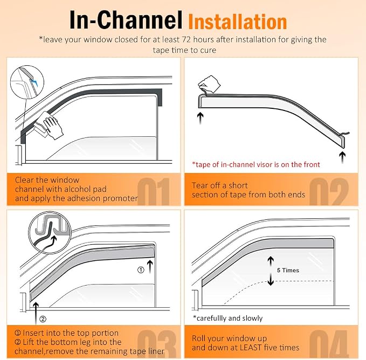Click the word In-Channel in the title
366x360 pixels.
pyautogui.click(x=126, y=20)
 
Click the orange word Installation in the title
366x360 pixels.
pyautogui.click(x=237, y=22)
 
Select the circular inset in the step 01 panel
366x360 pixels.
pyautogui.click(x=27, y=82)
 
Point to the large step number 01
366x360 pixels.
pyautogui.click(x=153, y=191)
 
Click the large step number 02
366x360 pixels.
pyautogui.click(x=329, y=191)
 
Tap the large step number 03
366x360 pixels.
pyautogui.click(x=157, y=344)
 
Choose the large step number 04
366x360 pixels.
pyautogui.click(x=329, y=344)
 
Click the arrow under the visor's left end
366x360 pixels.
pyautogui.click(x=200, y=118)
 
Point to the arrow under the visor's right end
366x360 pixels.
pyautogui.click(x=342, y=157)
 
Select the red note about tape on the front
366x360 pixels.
pyautogui.click(x=256, y=165)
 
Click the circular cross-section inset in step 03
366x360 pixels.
pyautogui.click(x=50, y=232)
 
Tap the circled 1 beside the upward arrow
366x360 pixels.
pyautogui.click(x=141, y=270)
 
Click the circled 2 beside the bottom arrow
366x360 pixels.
pyautogui.click(x=43, y=319)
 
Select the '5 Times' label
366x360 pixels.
pyautogui.click(x=288, y=270)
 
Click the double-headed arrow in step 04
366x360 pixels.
pyautogui.click(x=271, y=271)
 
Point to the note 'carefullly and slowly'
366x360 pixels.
pyautogui.click(x=228, y=319)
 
